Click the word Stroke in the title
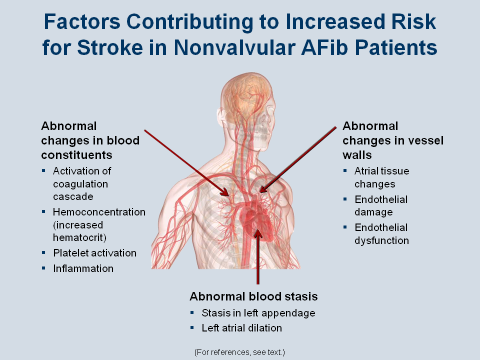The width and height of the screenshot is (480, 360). pos(110,48)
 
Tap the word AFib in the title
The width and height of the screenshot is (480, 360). pos(324,48)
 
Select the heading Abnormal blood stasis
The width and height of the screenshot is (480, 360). pos(253,296)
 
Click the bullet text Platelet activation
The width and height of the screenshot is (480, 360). pos(94,253)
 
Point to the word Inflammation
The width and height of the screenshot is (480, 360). pos(83,268)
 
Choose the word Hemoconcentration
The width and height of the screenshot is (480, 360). pos(99,212)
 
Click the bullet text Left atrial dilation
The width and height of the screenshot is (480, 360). pos(241,328)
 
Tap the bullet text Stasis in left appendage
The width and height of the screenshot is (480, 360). pos(258,313)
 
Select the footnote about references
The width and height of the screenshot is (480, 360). pos(239,352)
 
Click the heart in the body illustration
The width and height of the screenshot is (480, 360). pos(255,219)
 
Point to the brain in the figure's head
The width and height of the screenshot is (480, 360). pos(246,93)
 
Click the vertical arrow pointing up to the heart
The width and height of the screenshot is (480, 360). pos(258,256)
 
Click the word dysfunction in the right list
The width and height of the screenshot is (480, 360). pos(381,240)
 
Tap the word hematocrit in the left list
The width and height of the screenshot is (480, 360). pos(79,237)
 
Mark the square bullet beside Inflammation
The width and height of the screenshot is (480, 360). pos(44,268)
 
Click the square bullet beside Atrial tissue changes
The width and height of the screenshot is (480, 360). pos(345,170)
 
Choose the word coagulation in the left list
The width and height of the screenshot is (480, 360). pos(80,184)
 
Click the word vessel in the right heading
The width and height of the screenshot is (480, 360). pos(426,140)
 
